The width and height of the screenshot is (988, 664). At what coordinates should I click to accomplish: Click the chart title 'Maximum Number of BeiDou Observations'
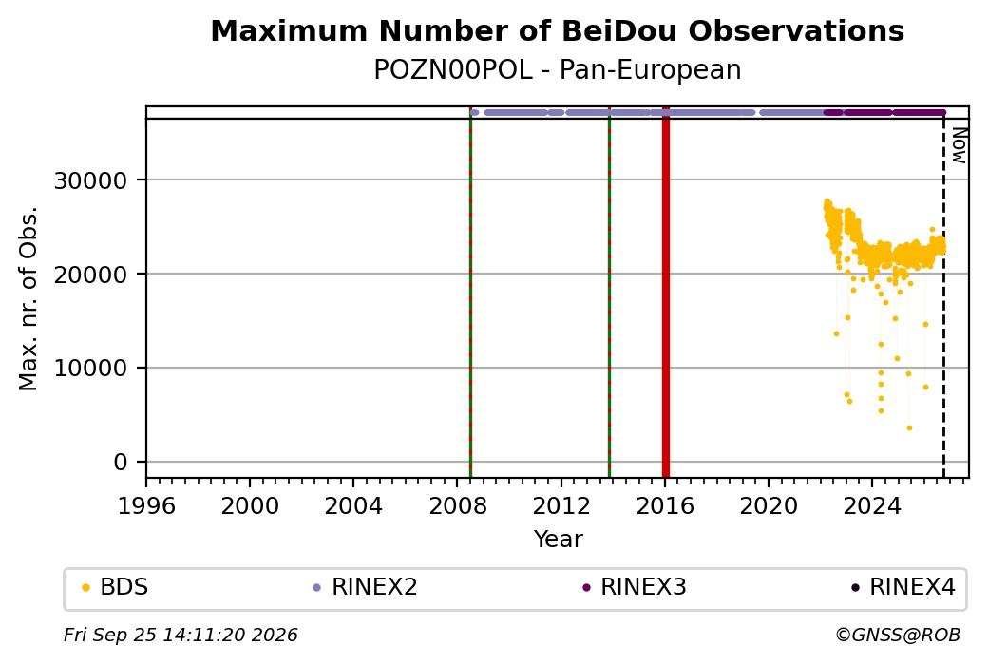(x=557, y=30)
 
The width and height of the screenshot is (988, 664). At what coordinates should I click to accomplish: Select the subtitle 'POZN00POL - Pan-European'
(x=557, y=70)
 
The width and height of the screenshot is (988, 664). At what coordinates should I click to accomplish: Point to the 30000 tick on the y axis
(x=91, y=180)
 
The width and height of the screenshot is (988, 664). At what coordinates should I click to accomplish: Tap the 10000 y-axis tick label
(x=91, y=369)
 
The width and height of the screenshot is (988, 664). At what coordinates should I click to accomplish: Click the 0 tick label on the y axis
(x=121, y=463)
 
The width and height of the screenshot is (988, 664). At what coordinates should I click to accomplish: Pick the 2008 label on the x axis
(x=458, y=505)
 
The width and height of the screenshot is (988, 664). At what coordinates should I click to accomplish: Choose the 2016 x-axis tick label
(x=665, y=505)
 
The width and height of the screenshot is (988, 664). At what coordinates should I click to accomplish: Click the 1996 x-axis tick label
(x=147, y=505)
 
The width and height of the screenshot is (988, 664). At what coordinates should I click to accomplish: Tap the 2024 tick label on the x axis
(x=872, y=505)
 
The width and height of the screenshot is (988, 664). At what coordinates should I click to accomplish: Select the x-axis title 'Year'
(x=559, y=540)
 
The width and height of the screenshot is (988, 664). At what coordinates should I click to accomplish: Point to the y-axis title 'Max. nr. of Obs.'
(x=28, y=298)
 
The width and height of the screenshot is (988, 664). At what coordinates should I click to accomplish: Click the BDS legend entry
(x=115, y=587)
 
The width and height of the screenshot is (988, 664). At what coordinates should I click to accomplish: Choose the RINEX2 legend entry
(x=366, y=587)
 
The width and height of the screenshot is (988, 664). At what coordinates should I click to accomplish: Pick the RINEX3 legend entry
(x=635, y=587)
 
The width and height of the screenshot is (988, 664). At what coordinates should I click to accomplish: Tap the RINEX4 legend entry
(x=903, y=587)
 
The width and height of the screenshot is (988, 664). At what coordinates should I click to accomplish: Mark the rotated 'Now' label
(x=959, y=145)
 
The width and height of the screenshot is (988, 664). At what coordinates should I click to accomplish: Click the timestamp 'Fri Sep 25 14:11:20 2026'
(x=180, y=635)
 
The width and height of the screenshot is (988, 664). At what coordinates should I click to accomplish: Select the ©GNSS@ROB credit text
(x=898, y=635)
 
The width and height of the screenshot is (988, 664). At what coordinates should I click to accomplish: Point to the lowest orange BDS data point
(x=909, y=428)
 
